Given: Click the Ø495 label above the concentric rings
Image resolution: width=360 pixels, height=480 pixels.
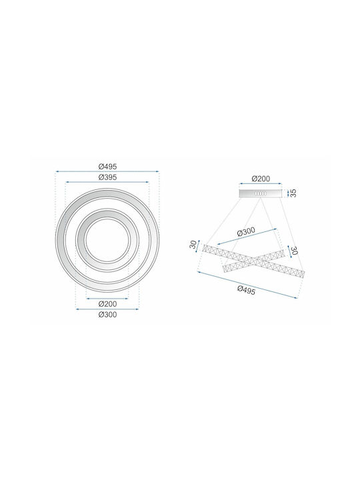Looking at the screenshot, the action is pyautogui.click(x=107, y=167).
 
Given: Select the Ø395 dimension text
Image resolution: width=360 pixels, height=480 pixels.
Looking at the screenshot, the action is pyautogui.click(x=107, y=177).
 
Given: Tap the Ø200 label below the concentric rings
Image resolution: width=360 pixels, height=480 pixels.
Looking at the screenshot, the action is pyautogui.click(x=107, y=304).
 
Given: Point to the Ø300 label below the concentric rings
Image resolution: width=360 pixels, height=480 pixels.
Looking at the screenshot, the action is pyautogui.click(x=107, y=315).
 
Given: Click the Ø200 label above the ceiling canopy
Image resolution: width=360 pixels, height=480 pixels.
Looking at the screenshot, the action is pyautogui.click(x=261, y=179).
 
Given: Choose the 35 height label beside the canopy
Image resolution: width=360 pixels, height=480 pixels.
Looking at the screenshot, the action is pyautogui.click(x=293, y=193).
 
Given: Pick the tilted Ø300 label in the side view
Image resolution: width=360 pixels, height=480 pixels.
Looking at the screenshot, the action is pyautogui.click(x=246, y=232).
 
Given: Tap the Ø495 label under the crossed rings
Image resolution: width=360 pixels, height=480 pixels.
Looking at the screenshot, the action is pyautogui.click(x=246, y=290).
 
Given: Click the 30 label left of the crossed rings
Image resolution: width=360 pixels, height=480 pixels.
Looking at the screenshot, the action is pyautogui.click(x=193, y=244).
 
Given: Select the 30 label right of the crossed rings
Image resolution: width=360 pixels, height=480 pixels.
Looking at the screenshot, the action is pyautogui.click(x=294, y=251).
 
